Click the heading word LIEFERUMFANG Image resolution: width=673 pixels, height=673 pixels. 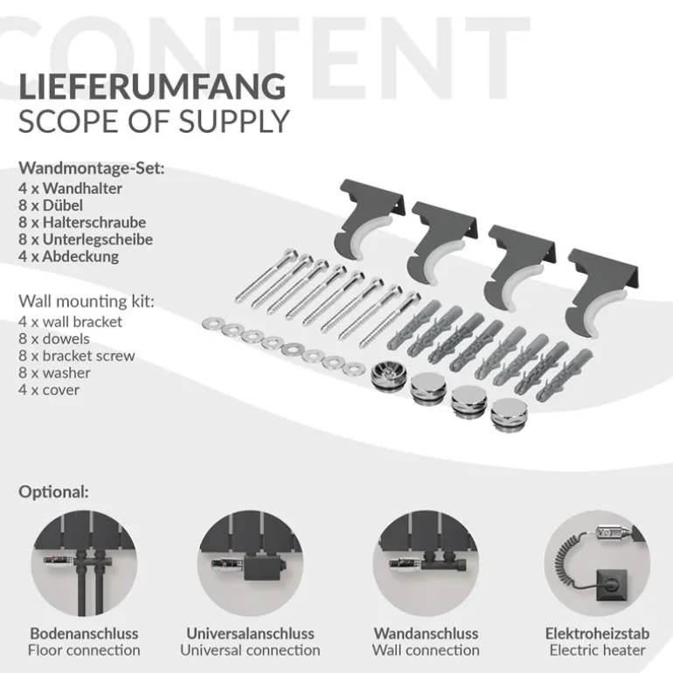[152, 87]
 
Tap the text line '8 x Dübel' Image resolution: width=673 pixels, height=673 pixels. [51, 205]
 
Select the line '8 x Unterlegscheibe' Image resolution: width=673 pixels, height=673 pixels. [86, 239]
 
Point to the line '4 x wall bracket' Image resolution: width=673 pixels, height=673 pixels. [71, 322]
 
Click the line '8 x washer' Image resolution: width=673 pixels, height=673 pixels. [54, 372]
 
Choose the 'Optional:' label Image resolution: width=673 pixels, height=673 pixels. [53, 492]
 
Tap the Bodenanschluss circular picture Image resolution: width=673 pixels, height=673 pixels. [84, 563]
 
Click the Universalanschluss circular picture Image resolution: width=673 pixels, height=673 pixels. [250, 563]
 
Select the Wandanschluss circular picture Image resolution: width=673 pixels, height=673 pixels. [426, 563]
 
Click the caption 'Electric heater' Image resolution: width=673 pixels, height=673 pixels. [598, 650]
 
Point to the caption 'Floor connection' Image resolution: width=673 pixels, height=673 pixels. [84, 650]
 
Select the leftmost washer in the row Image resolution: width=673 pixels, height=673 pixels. [212, 324]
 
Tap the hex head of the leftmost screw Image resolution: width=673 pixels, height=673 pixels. [290, 254]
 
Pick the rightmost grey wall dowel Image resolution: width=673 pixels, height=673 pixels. [565, 377]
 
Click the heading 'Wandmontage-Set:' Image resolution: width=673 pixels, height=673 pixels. [92, 168]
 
